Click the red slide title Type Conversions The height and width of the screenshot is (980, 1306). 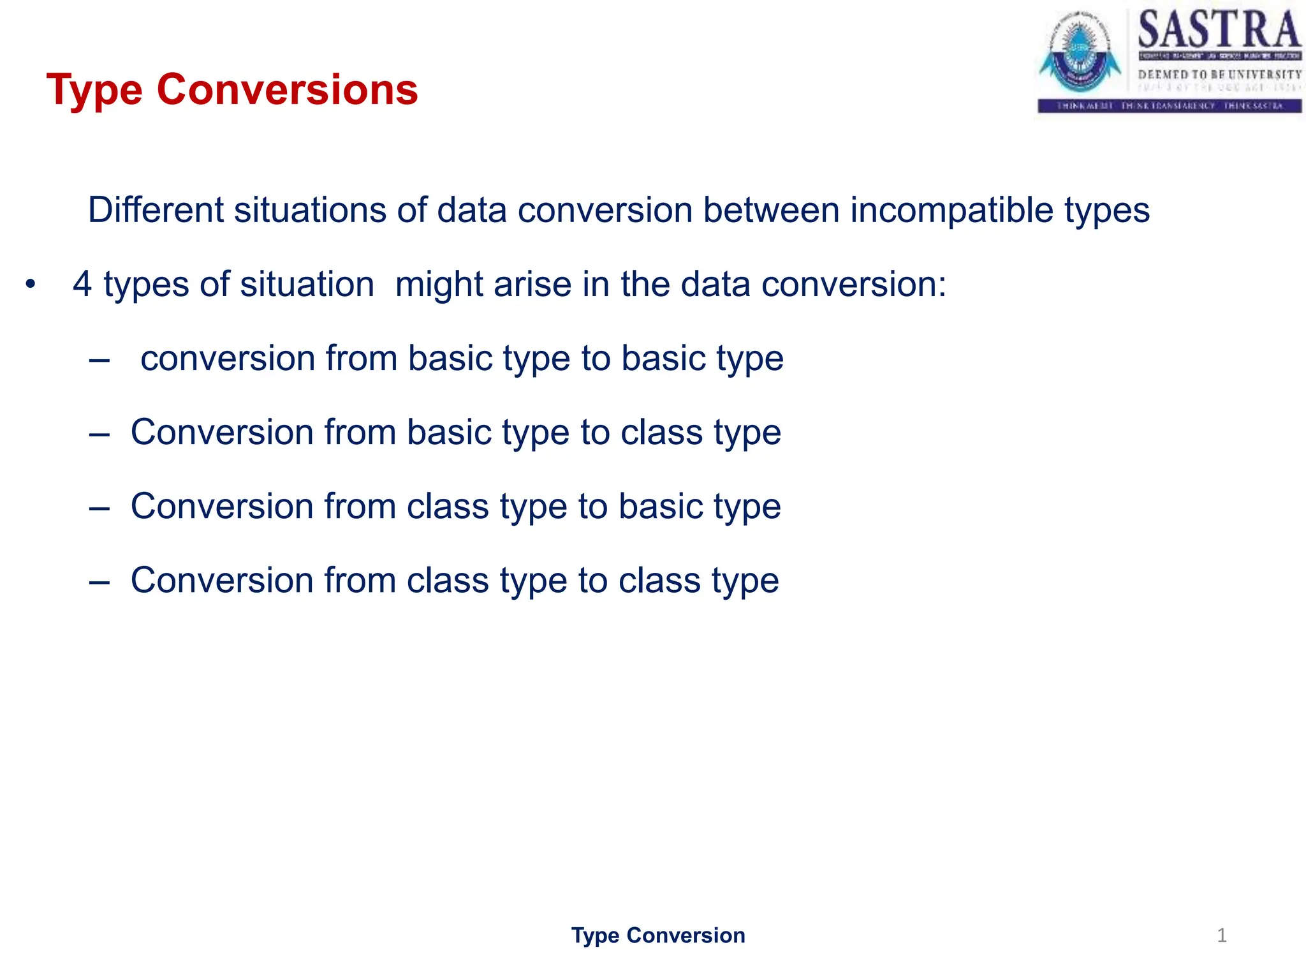pos(232,89)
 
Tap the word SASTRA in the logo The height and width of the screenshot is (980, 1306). pos(1219,30)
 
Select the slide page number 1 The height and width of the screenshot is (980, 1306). pos(1221,935)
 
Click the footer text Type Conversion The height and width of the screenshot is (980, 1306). pos(657,935)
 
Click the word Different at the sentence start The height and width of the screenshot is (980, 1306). pos(156,210)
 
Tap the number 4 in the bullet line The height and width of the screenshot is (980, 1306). pos(82,284)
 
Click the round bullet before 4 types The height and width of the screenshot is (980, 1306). pos(30,284)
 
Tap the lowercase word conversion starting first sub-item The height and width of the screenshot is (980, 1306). pos(228,359)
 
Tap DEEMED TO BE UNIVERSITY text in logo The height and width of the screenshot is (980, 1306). pos(1219,75)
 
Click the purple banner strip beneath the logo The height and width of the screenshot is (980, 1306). pos(1170,106)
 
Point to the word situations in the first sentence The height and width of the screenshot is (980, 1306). pos(310,210)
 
